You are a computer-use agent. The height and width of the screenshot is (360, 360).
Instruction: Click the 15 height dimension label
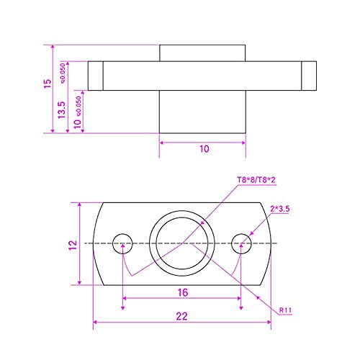pyautogui.click(x=48, y=84)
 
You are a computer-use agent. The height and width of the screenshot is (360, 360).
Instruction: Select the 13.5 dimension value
pyautogui.click(x=62, y=109)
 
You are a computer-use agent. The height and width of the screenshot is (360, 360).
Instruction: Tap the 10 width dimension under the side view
pyautogui.click(x=204, y=149)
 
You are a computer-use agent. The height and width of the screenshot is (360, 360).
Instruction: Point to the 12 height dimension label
pyautogui.click(x=73, y=245)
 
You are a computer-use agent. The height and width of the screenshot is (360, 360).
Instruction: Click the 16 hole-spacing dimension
pyautogui.click(x=183, y=292)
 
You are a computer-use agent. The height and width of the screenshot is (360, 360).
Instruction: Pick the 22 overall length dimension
pyautogui.click(x=181, y=316)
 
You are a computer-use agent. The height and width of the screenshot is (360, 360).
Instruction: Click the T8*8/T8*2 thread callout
pyautogui.click(x=256, y=180)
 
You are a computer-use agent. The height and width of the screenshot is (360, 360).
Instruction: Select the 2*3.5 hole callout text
pyautogui.click(x=280, y=209)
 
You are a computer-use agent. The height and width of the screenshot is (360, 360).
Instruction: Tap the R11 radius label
pyautogui.click(x=285, y=310)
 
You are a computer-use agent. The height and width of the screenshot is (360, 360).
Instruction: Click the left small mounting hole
pyautogui.click(x=122, y=243)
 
